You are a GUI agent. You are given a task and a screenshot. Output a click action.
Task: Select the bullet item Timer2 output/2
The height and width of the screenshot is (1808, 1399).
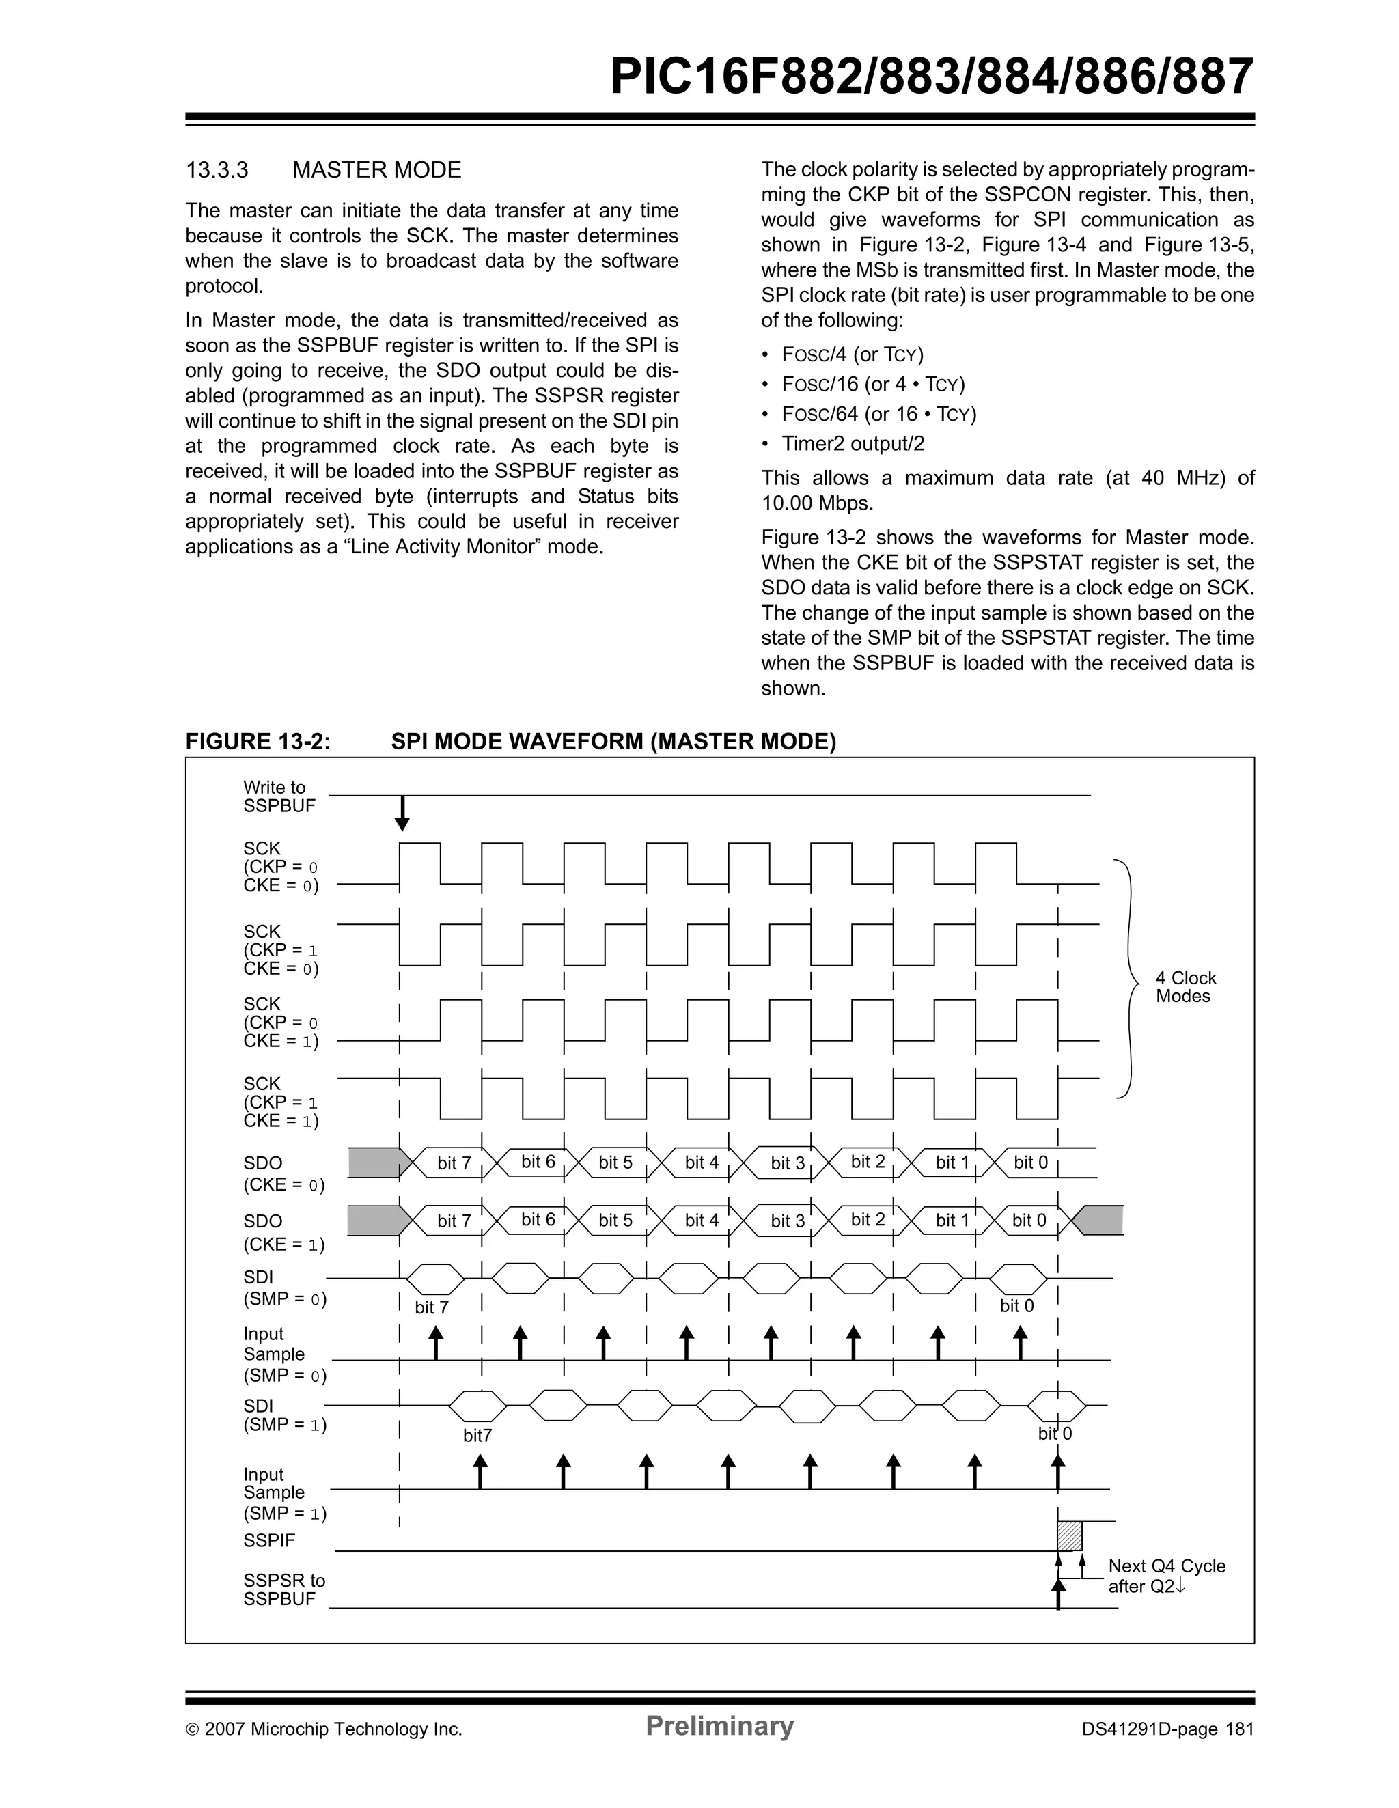pyautogui.click(x=853, y=444)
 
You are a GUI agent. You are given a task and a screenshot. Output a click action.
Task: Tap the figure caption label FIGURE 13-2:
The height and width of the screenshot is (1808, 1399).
pyautogui.click(x=258, y=741)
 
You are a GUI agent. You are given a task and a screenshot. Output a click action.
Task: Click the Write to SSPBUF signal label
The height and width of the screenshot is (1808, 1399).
pyautogui.click(x=279, y=796)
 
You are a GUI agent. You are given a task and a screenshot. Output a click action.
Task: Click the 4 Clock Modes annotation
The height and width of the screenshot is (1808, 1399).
pyautogui.click(x=1185, y=987)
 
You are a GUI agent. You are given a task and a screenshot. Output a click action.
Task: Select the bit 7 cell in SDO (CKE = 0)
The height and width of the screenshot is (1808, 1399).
pyautogui.click(x=454, y=1163)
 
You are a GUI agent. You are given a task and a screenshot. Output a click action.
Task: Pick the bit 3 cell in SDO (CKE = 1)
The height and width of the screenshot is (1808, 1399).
pyautogui.click(x=787, y=1221)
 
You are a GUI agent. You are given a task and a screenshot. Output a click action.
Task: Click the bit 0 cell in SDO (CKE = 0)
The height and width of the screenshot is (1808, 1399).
pyautogui.click(x=1031, y=1163)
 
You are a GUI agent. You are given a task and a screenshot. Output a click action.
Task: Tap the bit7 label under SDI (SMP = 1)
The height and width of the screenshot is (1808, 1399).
pyautogui.click(x=477, y=1436)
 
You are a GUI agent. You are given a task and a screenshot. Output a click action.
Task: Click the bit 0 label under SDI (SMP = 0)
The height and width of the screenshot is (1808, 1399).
pyautogui.click(x=1016, y=1305)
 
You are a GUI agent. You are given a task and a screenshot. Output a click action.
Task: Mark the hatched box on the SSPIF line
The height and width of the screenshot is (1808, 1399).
pyautogui.click(x=1070, y=1535)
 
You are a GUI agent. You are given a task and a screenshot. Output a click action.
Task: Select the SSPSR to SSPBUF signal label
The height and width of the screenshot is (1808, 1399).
pyautogui.click(x=284, y=1589)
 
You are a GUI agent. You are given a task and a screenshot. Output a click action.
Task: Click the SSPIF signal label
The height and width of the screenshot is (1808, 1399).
pyautogui.click(x=269, y=1540)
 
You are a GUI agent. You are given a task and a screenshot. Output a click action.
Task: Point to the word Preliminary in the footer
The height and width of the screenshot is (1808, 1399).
pyautogui.click(x=719, y=1725)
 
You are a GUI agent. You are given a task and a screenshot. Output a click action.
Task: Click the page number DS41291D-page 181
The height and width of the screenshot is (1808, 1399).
pyautogui.click(x=1167, y=1729)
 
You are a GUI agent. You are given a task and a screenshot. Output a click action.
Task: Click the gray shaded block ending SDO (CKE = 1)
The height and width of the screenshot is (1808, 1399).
pyautogui.click(x=1102, y=1220)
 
